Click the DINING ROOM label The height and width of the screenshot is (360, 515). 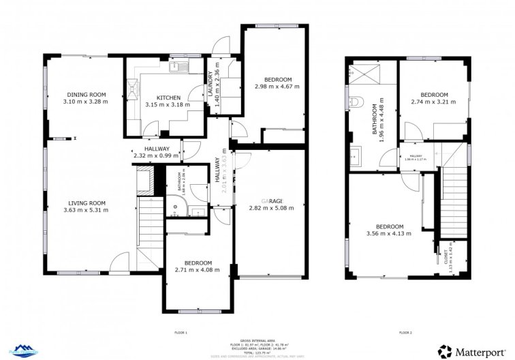click(86, 94)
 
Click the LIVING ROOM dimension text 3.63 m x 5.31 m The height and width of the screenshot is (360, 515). click(86, 209)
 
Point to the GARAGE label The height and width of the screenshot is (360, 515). click(272, 200)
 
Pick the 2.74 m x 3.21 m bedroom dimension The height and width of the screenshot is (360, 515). click(433, 102)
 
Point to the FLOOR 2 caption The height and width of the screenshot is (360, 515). click(405, 332)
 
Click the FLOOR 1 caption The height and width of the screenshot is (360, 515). click(180, 332)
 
